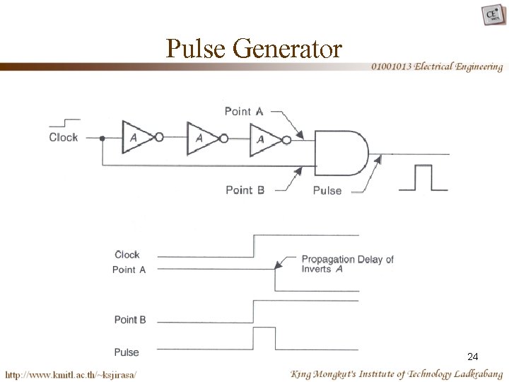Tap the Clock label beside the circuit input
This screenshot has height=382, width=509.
[63, 137]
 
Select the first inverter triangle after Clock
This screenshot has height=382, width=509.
[137, 138]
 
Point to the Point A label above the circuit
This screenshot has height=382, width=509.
[244, 110]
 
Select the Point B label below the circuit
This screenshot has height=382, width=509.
[245, 190]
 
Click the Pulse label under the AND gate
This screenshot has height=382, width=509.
[327, 190]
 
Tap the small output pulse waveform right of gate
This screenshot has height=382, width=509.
[423, 178]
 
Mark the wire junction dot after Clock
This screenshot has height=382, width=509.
[103, 138]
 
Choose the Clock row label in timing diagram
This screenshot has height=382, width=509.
[127, 255]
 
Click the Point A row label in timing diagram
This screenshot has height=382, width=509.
[129, 270]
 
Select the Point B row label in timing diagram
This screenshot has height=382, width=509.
[130, 320]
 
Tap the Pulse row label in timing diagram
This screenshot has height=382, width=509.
[127, 352]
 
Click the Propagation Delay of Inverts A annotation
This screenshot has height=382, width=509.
[346, 264]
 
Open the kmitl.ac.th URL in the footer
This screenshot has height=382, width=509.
[71, 373]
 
